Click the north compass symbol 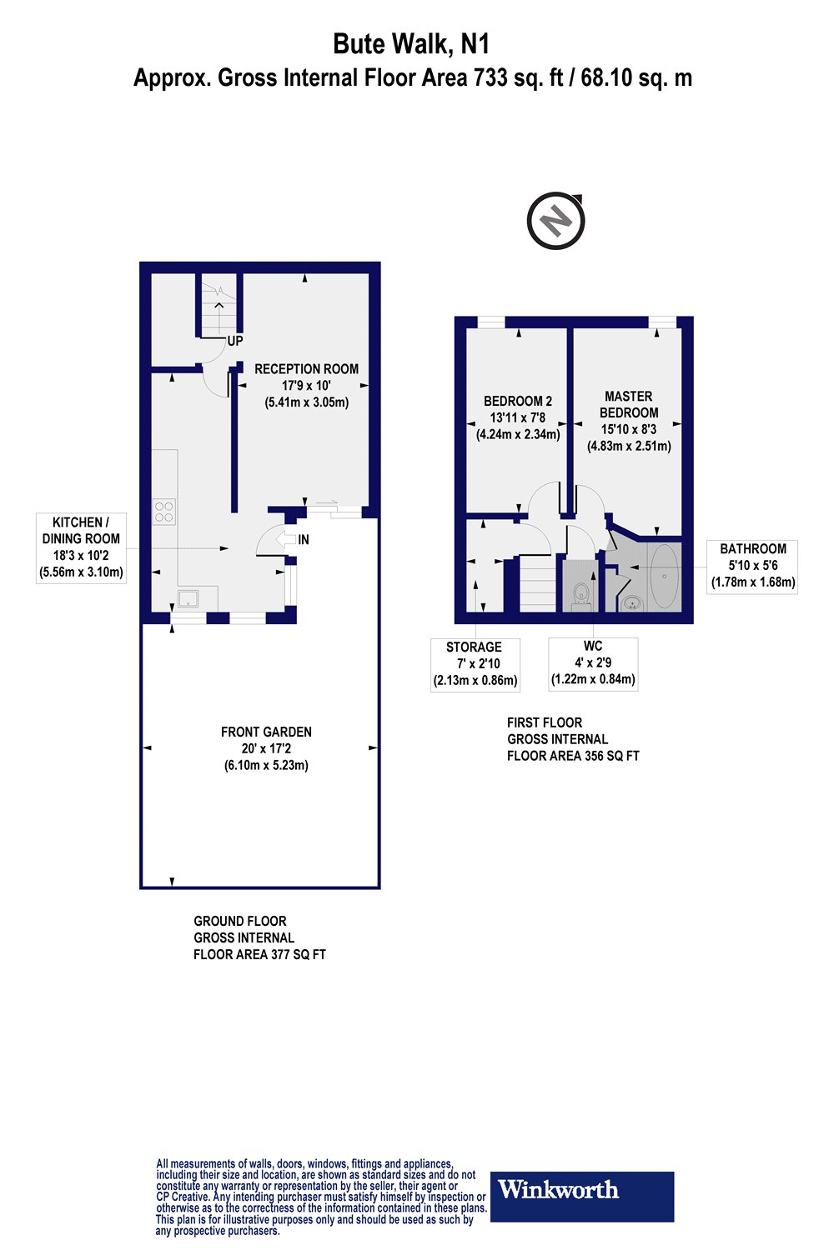tap(555, 221)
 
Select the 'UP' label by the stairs tap(235, 340)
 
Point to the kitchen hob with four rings tap(164, 512)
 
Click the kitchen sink tap(188, 598)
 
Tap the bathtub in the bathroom tap(665, 576)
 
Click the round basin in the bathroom tap(632, 603)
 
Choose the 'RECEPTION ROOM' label tap(306, 369)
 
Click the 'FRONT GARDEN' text tap(266, 732)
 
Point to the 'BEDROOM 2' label tap(518, 401)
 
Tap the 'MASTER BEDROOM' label tap(629, 404)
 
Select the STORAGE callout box tap(475, 665)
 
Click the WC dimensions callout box tap(593, 664)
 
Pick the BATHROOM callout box tap(752, 567)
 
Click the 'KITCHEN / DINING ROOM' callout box tap(81, 548)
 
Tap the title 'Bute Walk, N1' tap(411, 44)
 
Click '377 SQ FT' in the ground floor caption tap(299, 954)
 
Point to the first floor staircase tap(538, 583)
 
